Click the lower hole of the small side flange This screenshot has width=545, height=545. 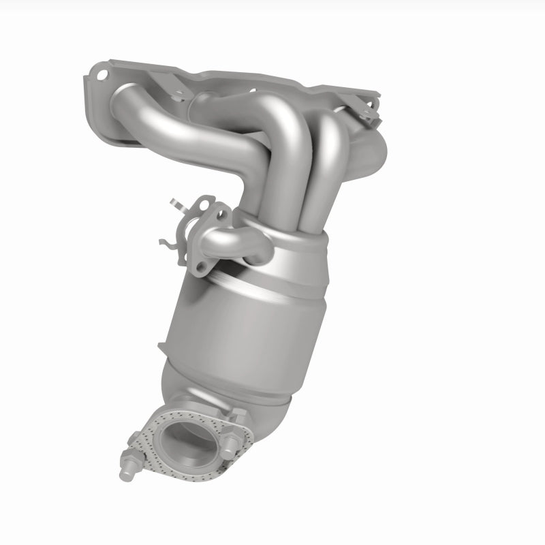pyautogui.click(x=199, y=266)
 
